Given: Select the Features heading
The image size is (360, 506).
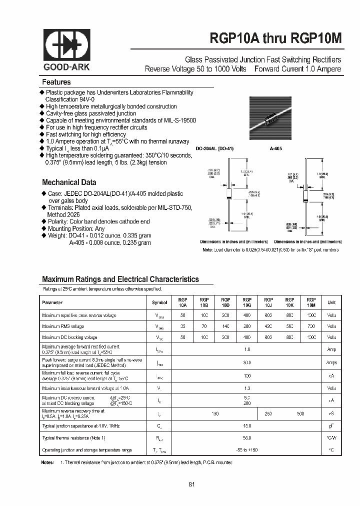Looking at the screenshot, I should point(56,82).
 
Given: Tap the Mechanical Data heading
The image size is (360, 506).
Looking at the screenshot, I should point(69,182).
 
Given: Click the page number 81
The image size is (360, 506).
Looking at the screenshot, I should point(192,484).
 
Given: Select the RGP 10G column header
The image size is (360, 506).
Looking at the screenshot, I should point(247,302).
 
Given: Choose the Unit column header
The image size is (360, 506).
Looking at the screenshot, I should point(331,302).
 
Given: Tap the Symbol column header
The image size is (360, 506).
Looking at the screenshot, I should point(159,302).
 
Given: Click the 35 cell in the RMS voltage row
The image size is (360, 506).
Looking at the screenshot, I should point(182,326).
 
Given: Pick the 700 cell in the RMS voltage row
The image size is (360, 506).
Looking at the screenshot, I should point(311,326).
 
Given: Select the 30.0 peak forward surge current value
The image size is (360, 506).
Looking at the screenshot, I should point(247,362).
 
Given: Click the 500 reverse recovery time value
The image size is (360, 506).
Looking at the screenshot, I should point(300,413).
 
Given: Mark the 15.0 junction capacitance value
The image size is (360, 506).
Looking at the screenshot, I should point(247,425).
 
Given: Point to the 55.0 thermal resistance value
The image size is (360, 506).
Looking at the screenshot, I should point(247,438).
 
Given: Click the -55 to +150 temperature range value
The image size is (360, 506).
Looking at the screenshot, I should point(247,450).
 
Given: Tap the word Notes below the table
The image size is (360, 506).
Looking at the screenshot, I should point(47,463).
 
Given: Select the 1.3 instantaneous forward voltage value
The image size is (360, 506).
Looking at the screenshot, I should point(247,388).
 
